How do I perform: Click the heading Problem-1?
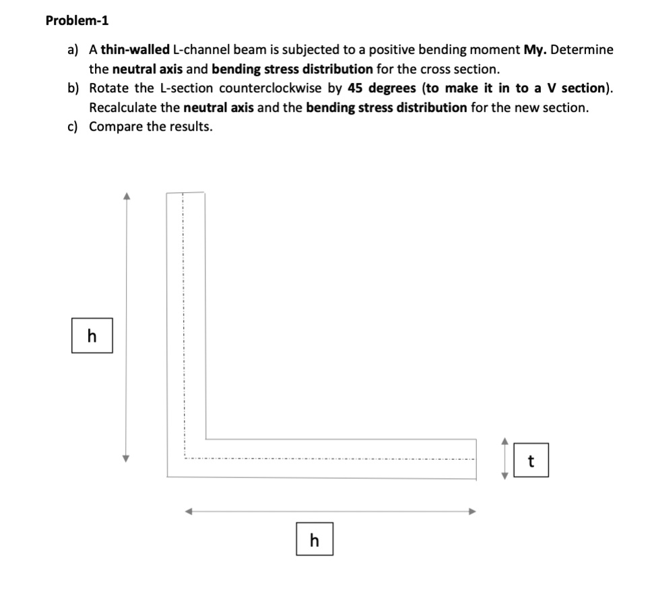[x=77, y=20]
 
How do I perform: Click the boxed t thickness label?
[x=531, y=461]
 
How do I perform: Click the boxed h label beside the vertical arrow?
[x=92, y=336]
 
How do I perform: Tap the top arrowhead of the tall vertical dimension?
[x=125, y=196]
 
